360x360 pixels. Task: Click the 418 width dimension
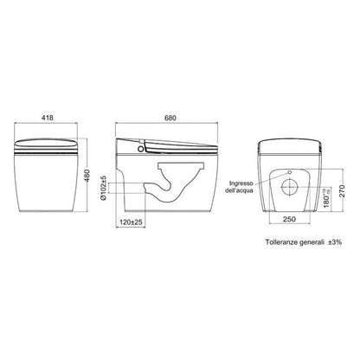click(x=48, y=118)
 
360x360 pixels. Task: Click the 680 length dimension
click(x=170, y=118)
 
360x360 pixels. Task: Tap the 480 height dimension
click(x=87, y=176)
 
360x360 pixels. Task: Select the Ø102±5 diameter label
click(x=104, y=188)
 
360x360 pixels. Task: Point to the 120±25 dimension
click(x=131, y=222)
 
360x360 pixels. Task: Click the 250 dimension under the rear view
click(x=289, y=219)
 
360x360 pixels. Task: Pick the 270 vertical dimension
click(x=342, y=190)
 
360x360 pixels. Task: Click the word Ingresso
click(x=241, y=183)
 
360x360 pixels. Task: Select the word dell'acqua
click(x=239, y=190)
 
